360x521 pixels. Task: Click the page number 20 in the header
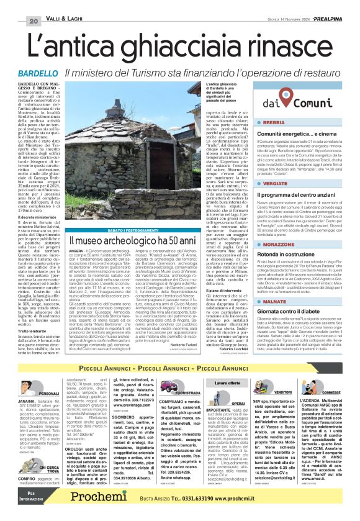pos(33,5)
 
